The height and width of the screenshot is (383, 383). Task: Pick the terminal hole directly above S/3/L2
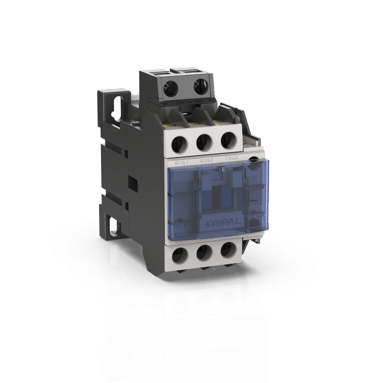point(204,142)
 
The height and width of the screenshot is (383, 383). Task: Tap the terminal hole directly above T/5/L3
point(227,140)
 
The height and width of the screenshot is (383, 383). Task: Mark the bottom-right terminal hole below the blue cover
point(227,250)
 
